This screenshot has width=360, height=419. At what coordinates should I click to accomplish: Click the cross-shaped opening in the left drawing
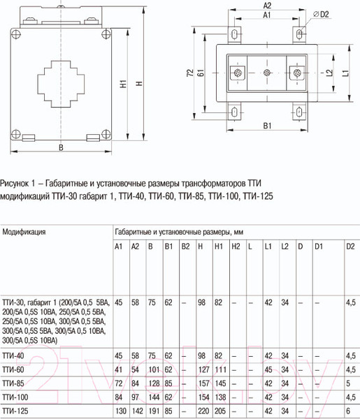point(61,83)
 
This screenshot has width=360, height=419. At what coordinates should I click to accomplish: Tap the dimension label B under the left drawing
point(61,147)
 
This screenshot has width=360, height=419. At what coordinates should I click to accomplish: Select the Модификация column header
point(24,230)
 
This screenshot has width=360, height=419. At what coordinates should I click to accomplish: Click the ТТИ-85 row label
point(14,383)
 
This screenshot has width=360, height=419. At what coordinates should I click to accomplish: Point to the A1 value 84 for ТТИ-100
point(119,397)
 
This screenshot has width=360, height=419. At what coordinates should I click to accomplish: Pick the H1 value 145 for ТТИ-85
point(219,383)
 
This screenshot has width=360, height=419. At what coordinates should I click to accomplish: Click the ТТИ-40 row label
point(14,355)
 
